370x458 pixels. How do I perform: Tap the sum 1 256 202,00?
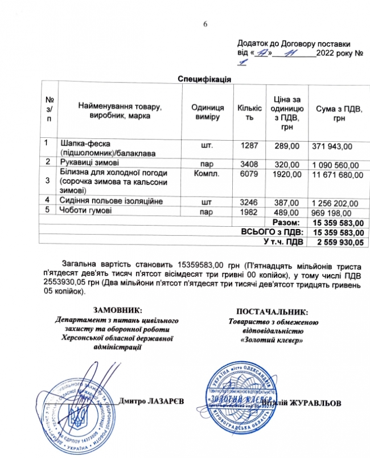335,202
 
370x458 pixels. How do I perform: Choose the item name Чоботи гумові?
85,211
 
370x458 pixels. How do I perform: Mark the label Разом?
285,222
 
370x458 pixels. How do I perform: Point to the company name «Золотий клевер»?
272,340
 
